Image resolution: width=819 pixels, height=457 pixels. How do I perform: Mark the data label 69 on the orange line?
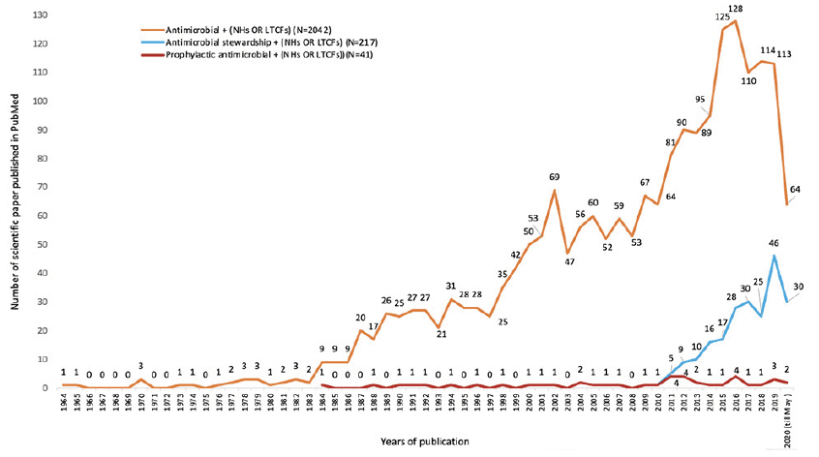tap(554, 178)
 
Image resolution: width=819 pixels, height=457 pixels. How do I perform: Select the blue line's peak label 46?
tap(773, 245)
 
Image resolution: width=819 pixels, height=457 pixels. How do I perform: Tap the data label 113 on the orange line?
tap(785, 54)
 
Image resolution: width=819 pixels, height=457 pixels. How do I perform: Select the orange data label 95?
tap(699, 100)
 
